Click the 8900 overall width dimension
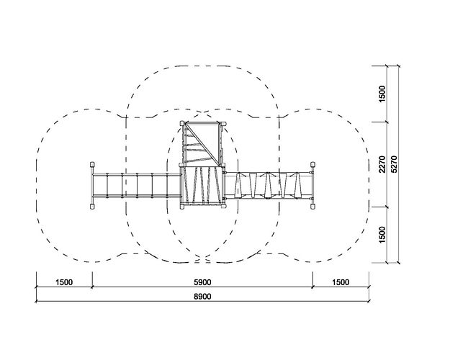coord(202,297)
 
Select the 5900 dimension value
coord(202,282)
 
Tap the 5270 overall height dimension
coord(394,164)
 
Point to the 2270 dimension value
coord(382,164)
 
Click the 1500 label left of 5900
coord(64,282)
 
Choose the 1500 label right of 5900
coord(341,282)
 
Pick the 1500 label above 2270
coord(382,94)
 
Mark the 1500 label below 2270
coord(382,235)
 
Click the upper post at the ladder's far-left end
coord(92,164)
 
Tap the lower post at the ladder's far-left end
coord(92,206)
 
